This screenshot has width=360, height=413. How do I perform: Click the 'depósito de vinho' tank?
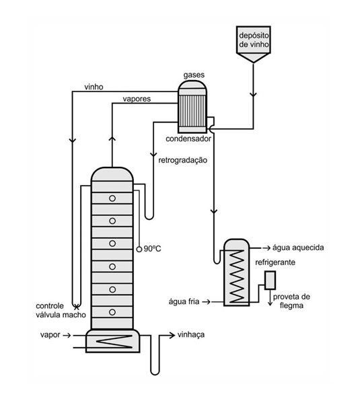tap(253, 44)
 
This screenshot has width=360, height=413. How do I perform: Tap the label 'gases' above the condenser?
tap(194, 75)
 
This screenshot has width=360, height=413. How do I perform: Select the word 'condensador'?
tap(188, 139)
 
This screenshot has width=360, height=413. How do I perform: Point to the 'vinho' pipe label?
tap(94, 87)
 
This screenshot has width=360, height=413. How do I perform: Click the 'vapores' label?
tap(137, 99)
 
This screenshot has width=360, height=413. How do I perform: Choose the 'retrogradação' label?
tap(182, 160)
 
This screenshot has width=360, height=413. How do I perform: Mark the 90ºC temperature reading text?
tap(152, 249)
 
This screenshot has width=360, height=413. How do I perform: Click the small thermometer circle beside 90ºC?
tap(139, 249)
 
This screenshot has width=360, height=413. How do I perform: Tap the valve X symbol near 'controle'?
tap(77, 307)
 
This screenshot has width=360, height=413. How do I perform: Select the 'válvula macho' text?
tap(61, 315)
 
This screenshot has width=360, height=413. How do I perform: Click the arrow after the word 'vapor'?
tap(67, 335)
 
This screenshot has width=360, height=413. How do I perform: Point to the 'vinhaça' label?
tap(191, 335)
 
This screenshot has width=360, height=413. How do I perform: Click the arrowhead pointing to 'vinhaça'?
tap(172, 335)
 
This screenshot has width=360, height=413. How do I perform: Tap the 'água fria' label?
tap(184, 301)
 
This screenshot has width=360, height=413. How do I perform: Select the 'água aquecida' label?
tap(298, 248)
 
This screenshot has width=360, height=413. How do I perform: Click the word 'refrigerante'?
tap(275, 262)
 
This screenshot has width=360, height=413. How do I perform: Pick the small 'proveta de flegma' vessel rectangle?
tap(270, 280)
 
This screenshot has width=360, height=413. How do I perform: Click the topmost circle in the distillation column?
tap(112, 198)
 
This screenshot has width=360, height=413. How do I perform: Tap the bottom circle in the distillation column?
tap(112, 312)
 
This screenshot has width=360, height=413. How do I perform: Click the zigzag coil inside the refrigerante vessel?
tap(237, 276)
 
